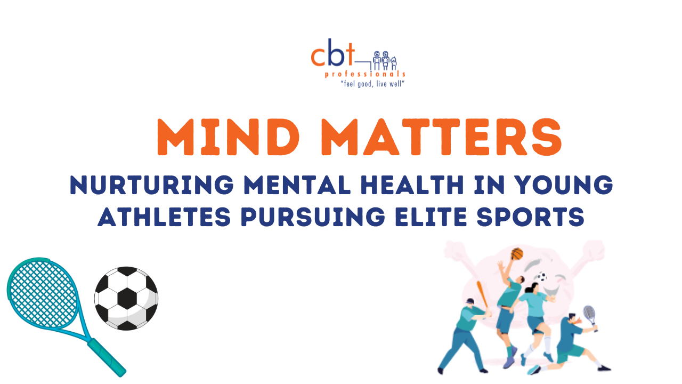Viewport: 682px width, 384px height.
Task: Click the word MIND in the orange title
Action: click(x=228, y=137)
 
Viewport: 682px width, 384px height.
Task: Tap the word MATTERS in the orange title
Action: click(x=442, y=137)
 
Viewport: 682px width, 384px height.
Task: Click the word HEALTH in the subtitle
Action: click(x=412, y=185)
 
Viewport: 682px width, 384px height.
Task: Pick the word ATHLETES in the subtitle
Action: click(x=165, y=217)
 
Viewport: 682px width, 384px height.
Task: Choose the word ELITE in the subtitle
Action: click(x=431, y=217)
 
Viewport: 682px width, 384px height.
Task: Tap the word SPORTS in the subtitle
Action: click(x=531, y=217)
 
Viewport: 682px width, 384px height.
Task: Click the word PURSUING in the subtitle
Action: click(x=313, y=217)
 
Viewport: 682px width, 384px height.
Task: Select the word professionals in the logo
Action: click(x=365, y=74)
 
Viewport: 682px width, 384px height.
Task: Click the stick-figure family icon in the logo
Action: click(x=385, y=60)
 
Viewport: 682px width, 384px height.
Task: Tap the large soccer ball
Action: click(x=126, y=298)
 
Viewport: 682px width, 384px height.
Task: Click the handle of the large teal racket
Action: click(x=107, y=357)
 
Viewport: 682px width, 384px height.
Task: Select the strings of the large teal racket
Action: click(x=43, y=293)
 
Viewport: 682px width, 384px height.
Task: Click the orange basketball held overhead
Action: click(x=517, y=253)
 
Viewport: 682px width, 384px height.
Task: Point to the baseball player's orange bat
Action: click(x=483, y=296)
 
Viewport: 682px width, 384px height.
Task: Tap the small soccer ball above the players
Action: click(x=542, y=277)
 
